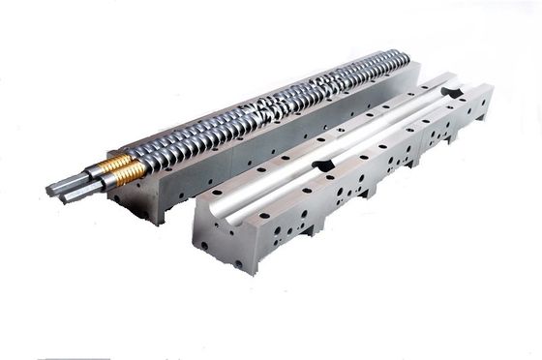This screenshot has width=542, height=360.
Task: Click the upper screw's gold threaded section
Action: pyautogui.click(x=118, y=159)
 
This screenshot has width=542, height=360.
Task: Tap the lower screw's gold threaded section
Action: pyautogui.click(x=129, y=173)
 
